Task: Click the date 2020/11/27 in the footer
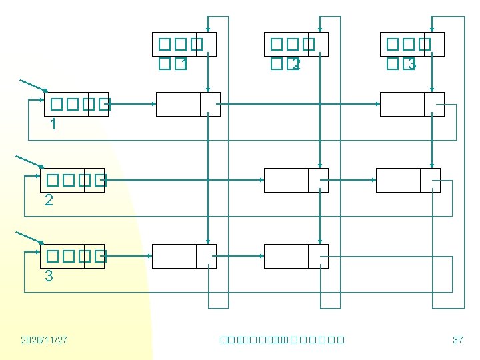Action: [44, 340]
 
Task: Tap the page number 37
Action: [457, 340]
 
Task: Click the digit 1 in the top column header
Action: [183, 65]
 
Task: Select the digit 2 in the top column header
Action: [296, 65]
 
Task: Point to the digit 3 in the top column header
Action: [411, 65]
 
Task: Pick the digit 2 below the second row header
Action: [49, 200]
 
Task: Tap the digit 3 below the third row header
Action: [49, 276]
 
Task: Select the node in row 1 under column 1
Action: [188, 104]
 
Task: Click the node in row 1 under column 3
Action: [412, 104]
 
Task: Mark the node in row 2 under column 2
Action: [296, 180]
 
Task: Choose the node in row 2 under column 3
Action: [408, 180]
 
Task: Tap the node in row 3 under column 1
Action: [184, 256]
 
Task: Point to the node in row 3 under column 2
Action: [296, 256]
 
